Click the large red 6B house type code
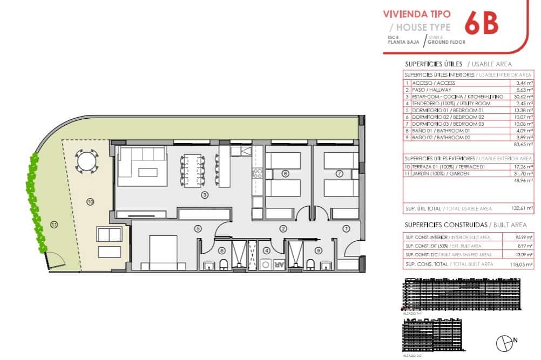481,22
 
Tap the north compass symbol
505,342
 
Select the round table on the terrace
86,160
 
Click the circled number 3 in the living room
205,195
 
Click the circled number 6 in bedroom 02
285,173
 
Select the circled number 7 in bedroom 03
339,173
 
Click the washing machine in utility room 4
266,264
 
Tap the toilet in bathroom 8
223,264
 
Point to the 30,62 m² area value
522,97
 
